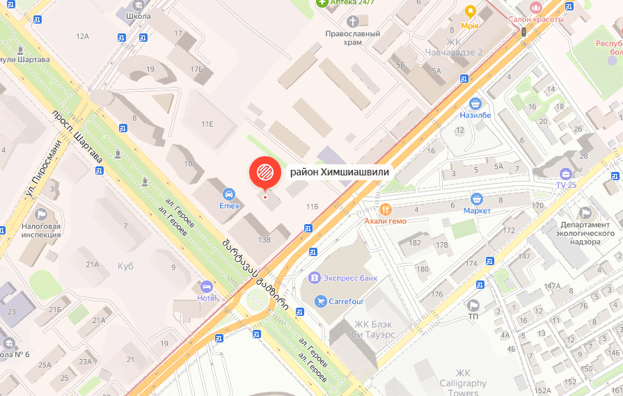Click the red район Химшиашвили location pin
pyautogui.click(x=265, y=172)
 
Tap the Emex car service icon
pyautogui.click(x=228, y=193)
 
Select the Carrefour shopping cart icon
pyautogui.click(x=320, y=301)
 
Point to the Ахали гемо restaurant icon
pyautogui.click(x=385, y=209)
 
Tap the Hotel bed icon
pyautogui.click(x=206, y=286)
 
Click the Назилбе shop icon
pyautogui.click(x=475, y=103)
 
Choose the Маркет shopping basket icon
pyautogui.click(x=477, y=199)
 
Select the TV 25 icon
pyautogui.click(x=566, y=173)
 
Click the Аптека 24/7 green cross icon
pyautogui.click(x=321, y=3)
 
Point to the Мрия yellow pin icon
pyautogui.click(x=470, y=12)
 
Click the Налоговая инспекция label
pyautogui.click(x=41, y=230)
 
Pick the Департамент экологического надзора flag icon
pyautogui.click(x=585, y=213)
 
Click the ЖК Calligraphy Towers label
pyautogui.click(x=463, y=383)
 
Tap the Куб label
pyautogui.click(x=125, y=267)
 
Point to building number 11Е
pyautogui.click(x=207, y=124)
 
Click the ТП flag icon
pyautogui.click(x=473, y=305)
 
